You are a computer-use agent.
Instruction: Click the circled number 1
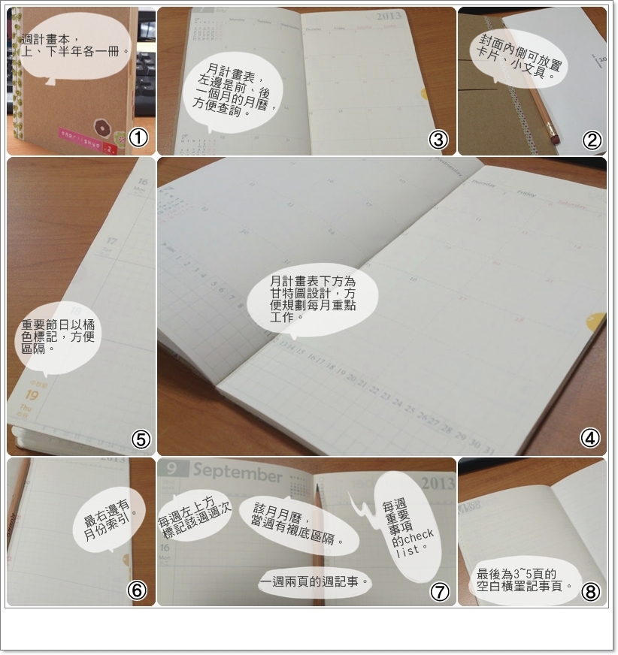138,138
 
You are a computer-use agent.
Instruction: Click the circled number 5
142,439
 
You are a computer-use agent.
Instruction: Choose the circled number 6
136,590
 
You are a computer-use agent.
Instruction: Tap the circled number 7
440,591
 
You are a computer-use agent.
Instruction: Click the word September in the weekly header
238,473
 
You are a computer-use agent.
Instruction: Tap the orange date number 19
32,395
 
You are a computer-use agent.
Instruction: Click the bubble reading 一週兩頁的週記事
316,581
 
